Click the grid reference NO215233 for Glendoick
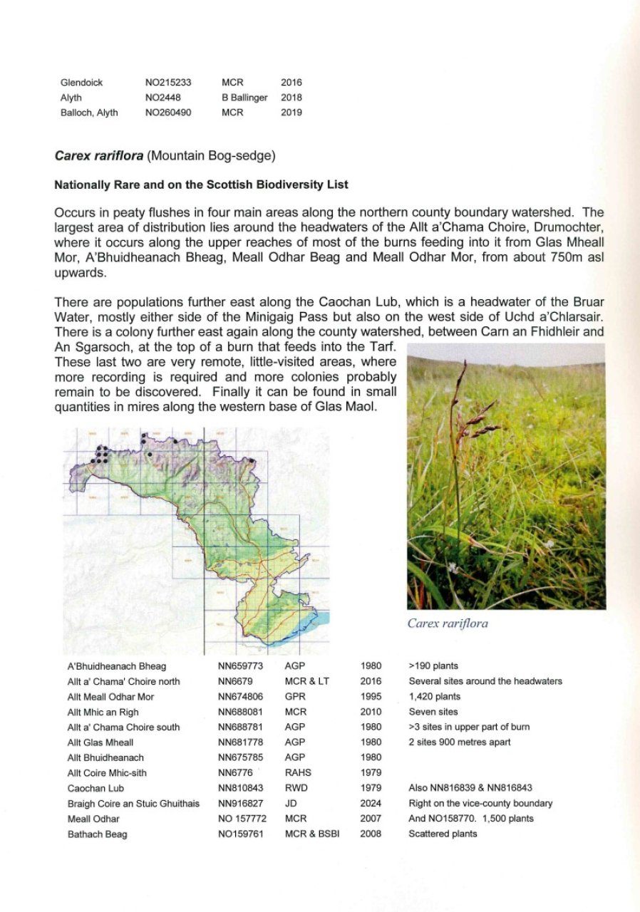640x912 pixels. point(168,83)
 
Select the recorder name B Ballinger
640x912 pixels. point(244,98)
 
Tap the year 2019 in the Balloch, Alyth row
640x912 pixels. point(291,113)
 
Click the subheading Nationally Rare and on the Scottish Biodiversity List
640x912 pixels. point(202,185)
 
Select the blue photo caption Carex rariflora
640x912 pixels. point(448,623)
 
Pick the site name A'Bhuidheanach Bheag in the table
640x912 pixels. point(116,666)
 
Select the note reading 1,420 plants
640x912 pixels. point(434,697)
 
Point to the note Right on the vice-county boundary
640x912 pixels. point(480,803)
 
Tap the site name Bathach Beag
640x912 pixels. point(97,834)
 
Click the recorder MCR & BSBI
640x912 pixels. point(311,834)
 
